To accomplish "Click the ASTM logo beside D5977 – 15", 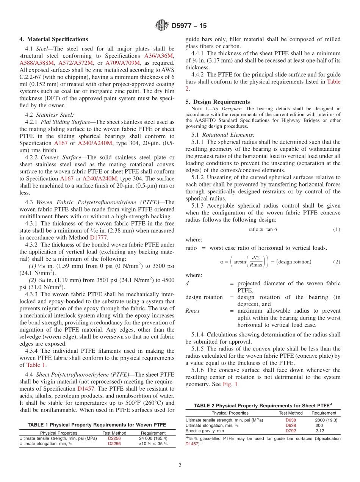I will (x=162, y=26).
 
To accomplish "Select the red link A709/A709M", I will (x=122, y=63).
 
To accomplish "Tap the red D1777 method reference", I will (x=99, y=238).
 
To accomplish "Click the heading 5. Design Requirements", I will (x=218, y=102).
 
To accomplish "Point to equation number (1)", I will (x=336, y=229).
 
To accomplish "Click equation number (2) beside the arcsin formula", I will (x=336, y=262).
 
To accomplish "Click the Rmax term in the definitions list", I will (x=193, y=311).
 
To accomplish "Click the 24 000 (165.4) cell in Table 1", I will (x=153, y=438).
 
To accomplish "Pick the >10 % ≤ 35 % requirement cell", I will (x=153, y=444).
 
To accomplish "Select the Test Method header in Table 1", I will (x=114, y=433).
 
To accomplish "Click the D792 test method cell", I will (x=291, y=431).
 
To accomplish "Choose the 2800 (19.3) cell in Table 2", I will (x=326, y=420).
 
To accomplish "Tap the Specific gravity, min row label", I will (x=205, y=431).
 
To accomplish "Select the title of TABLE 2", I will (x=263, y=405).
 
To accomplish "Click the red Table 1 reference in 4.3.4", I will (x=36, y=365).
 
